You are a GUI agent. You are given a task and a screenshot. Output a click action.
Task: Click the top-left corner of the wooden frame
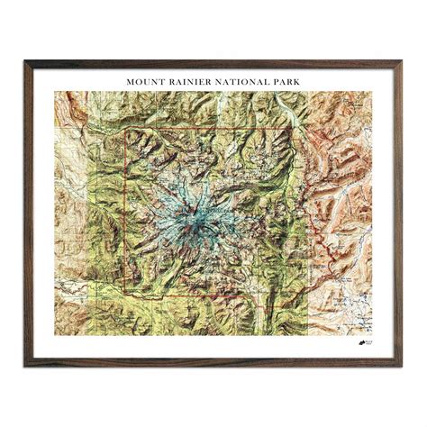click(x=26, y=62)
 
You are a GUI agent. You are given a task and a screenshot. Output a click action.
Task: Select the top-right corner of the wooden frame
click(x=403, y=62)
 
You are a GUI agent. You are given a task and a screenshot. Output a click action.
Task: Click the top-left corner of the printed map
click(x=54, y=91)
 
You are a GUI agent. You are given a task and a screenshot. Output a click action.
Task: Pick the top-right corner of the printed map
click(x=374, y=91)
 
